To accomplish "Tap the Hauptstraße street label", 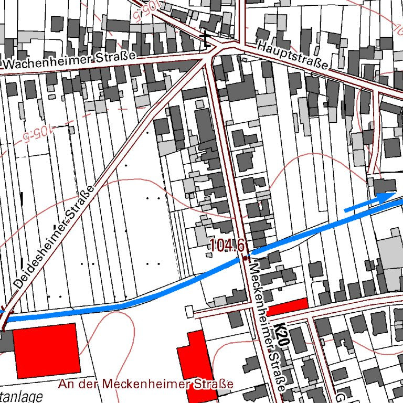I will point(293,56).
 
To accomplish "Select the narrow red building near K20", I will point(287,306).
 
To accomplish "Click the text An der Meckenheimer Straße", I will point(146,384).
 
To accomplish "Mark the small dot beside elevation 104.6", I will point(245,258).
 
